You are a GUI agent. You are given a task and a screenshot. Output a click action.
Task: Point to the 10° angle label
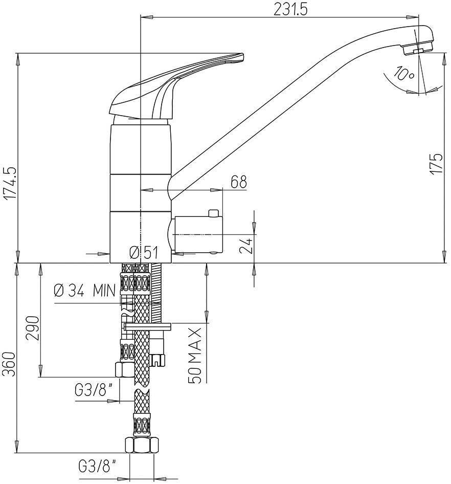click(x=404, y=75)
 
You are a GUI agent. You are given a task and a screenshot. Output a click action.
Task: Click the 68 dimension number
click(x=238, y=182)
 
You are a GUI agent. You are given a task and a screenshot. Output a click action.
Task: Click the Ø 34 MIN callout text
click(x=85, y=291)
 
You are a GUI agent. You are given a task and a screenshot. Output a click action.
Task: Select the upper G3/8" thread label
click(x=94, y=390)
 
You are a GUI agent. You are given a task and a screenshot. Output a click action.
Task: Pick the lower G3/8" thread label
click(x=97, y=466)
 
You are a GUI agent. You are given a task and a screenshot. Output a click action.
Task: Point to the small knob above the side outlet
click(x=213, y=212)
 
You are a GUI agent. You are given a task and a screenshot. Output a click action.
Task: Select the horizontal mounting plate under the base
click(x=148, y=325)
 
